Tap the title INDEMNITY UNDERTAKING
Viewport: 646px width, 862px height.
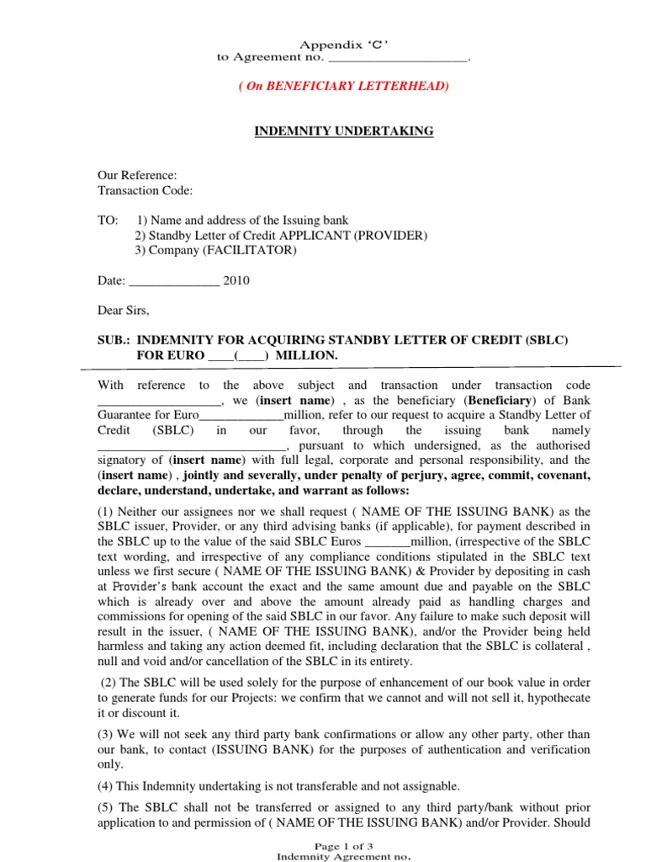(344, 130)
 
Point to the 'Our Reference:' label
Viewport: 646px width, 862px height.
(138, 175)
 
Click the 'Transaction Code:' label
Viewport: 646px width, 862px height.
(146, 190)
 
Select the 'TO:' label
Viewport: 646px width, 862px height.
(109, 220)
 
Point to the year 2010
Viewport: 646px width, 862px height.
(236, 281)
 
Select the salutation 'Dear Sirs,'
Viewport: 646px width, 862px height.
(124, 310)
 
